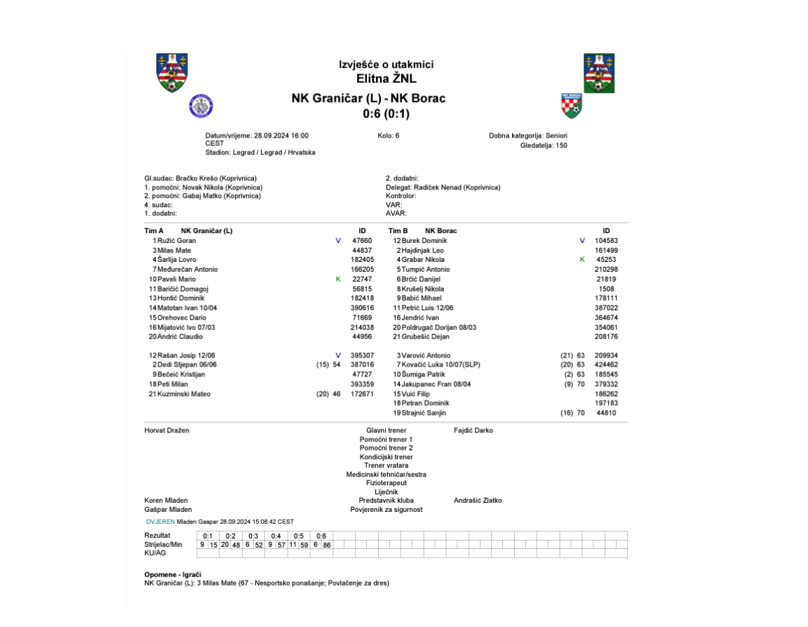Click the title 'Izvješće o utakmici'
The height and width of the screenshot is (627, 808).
click(386, 65)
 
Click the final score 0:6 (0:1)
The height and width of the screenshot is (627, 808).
click(386, 114)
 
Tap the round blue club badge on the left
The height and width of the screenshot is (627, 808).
click(201, 106)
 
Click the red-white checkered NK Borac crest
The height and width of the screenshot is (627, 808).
click(572, 106)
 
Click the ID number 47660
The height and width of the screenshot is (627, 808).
click(361, 241)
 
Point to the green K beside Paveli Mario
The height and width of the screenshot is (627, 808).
click(338, 279)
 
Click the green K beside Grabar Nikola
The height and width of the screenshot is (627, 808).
click(582, 260)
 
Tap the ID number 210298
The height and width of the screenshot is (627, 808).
click(605, 270)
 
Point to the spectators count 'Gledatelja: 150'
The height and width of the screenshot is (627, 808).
click(544, 145)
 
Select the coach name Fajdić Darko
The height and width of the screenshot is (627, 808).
click(473, 430)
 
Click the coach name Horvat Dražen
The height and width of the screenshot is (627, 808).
click(167, 430)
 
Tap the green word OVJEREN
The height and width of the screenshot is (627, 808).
click(161, 522)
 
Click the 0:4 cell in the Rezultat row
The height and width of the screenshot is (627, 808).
click(276, 536)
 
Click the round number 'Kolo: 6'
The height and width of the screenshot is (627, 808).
click(388, 136)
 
